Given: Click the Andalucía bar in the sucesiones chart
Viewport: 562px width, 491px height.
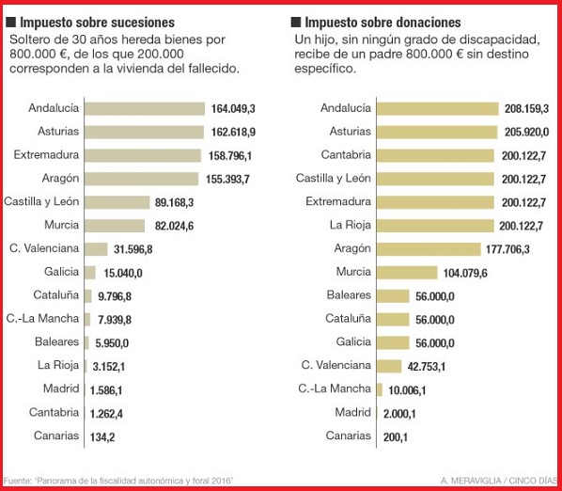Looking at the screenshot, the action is [145, 109].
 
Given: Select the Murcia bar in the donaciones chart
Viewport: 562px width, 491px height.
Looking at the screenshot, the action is [407, 273].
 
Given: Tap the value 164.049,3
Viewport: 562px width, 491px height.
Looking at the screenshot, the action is [233, 109].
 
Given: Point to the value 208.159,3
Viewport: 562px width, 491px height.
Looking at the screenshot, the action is [526, 109].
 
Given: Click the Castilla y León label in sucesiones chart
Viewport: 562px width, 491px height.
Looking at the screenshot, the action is [41, 201].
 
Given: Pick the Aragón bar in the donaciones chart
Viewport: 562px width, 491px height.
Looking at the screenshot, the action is [429, 249].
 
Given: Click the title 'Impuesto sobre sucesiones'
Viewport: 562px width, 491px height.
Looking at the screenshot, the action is [97, 23].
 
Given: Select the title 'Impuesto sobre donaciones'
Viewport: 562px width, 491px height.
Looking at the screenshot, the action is [382, 23].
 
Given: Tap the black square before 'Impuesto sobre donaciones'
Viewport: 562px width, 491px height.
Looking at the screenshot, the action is [296, 23].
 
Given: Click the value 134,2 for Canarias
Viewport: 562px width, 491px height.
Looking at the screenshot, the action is [102, 437].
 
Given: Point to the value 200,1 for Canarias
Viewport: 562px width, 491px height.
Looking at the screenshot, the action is [396, 437].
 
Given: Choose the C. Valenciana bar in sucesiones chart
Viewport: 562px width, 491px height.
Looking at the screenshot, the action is [96, 249].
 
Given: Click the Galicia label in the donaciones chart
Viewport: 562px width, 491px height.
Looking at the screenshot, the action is [353, 341].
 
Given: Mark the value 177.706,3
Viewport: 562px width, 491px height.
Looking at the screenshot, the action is [507, 249].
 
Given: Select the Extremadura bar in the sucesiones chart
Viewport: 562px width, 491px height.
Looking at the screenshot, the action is [143, 155].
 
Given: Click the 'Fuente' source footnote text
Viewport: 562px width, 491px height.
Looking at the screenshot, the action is [118, 481].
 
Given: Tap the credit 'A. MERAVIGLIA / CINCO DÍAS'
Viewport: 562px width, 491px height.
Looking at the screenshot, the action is [499, 481].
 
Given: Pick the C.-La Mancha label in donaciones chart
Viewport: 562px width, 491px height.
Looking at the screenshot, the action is [335, 388].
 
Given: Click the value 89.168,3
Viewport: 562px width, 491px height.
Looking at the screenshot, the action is [174, 202].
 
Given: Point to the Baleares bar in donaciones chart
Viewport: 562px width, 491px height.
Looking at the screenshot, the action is [393, 296].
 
